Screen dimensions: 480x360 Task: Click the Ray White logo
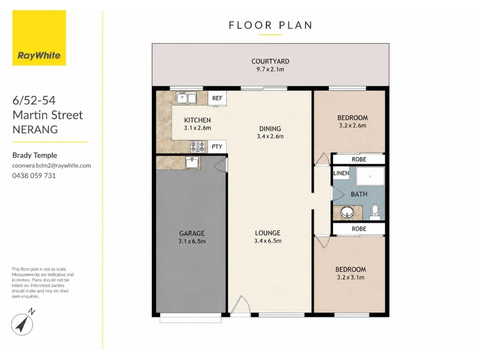pyautogui.click(x=39, y=38)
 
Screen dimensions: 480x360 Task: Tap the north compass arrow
pyautogui.click(x=22, y=325)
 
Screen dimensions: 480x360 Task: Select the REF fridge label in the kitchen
pyautogui.click(x=217, y=98)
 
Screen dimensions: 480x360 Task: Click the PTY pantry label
pyautogui.click(x=217, y=146)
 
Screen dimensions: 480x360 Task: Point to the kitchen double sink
pyautogui.click(x=186, y=98)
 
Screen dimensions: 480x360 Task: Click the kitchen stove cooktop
pyautogui.click(x=198, y=146)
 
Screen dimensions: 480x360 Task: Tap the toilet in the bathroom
pyautogui.click(x=374, y=212)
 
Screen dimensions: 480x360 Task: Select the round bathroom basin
pyautogui.click(x=347, y=212)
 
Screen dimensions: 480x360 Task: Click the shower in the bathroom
pyautogui.click(x=370, y=176)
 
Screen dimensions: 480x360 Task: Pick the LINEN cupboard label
pyautogui.click(x=341, y=173)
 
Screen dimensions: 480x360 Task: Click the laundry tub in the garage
pyautogui.click(x=193, y=162)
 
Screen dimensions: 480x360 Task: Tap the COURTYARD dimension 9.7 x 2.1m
pyautogui.click(x=271, y=69)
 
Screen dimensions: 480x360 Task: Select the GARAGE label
pyautogui.click(x=192, y=233)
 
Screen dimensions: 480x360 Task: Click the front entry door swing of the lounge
pyautogui.click(x=241, y=305)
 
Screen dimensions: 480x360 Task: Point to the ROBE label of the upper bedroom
pyautogui.click(x=359, y=160)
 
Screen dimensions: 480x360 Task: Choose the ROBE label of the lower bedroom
pyautogui.click(x=359, y=229)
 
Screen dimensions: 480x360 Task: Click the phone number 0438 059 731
pyautogui.click(x=34, y=176)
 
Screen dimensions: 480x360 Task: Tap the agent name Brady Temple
pyautogui.click(x=35, y=155)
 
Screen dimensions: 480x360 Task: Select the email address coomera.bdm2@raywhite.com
pyautogui.click(x=52, y=166)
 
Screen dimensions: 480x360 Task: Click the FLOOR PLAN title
pyautogui.click(x=271, y=25)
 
